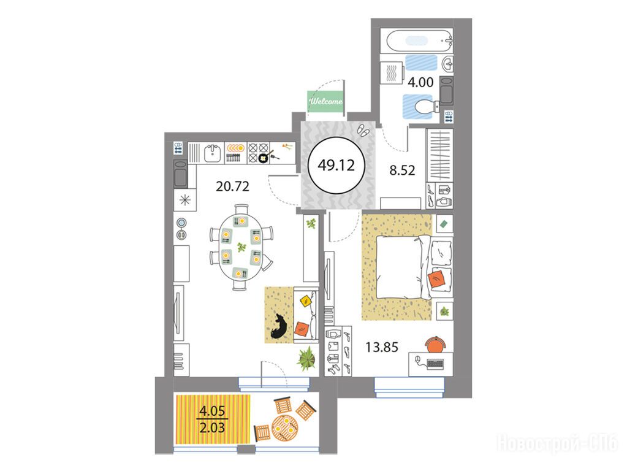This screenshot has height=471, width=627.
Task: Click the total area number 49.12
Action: pos(336,165)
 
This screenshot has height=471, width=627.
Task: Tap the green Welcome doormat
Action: pos(325,101)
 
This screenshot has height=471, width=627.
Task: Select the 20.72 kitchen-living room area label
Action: pos(232,186)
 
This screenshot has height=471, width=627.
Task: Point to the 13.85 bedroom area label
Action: pos(382,347)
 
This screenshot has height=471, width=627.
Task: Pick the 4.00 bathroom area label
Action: pos(420,82)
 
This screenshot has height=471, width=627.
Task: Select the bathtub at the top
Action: pos(416,40)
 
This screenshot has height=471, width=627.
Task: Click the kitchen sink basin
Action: pos(212,153)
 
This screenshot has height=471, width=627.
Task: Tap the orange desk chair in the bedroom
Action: pos(435,343)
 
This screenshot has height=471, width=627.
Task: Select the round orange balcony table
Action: pos(285,427)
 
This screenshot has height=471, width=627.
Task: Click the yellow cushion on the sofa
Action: pos(306,300)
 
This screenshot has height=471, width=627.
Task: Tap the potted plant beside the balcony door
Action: pos(307,358)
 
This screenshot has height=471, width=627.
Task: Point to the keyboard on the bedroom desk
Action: pos(435,363)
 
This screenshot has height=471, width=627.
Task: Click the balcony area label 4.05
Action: pos(212,410)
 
